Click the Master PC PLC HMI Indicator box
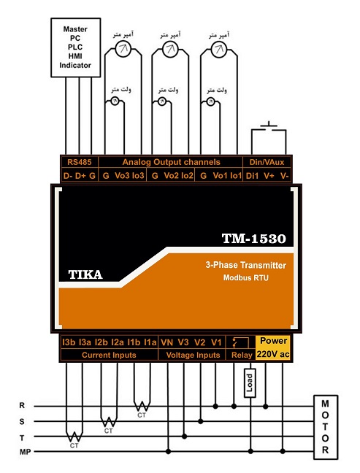pyautogui.click(x=75, y=47)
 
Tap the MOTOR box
pyautogui.click(x=325, y=427)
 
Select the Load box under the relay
pyautogui.click(x=250, y=382)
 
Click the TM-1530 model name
pyautogui.click(x=254, y=238)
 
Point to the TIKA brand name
pyautogui.click(x=85, y=274)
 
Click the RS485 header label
pyautogui.click(x=79, y=162)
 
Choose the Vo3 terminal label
pyautogui.click(x=122, y=176)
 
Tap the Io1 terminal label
pyautogui.click(x=236, y=176)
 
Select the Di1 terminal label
pyautogui.click(x=252, y=176)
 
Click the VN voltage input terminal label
pyautogui.click(x=167, y=342)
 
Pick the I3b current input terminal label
pyautogui.click(x=69, y=342)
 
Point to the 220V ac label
pyautogui.click(x=273, y=354)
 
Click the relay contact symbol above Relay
pyautogui.click(x=240, y=343)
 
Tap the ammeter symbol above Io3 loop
pyautogui.click(x=123, y=49)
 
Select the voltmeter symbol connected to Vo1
pyautogui.click(x=210, y=101)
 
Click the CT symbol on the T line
pyautogui.click(x=74, y=437)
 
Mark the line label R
pyautogui.click(x=22, y=405)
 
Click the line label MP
pyautogui.click(x=26, y=452)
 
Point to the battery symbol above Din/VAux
pyautogui.click(x=269, y=126)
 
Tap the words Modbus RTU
pyautogui.click(x=245, y=277)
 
